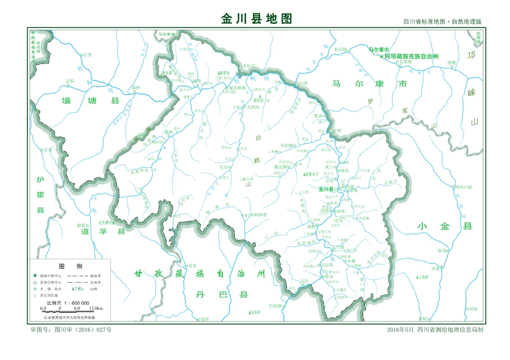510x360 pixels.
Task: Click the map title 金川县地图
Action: pyautogui.click(x=257, y=19)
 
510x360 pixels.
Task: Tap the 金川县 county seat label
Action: pyautogui.click(x=325, y=189)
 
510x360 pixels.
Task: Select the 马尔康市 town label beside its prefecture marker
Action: pyautogui.click(x=378, y=49)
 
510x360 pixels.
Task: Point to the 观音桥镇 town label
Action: pyautogui.click(x=237, y=88)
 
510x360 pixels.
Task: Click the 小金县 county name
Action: pyautogui.click(x=437, y=226)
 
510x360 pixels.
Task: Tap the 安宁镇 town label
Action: pyautogui.click(x=338, y=247)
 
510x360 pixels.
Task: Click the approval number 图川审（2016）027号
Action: pyautogui.click(x=71, y=330)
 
